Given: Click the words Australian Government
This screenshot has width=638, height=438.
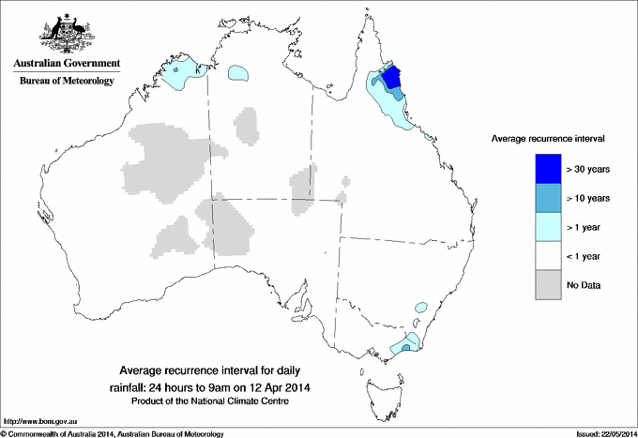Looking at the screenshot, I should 66,64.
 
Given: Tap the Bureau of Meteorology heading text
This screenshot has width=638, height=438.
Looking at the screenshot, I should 66,82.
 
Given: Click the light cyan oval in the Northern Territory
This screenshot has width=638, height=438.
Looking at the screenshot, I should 240,72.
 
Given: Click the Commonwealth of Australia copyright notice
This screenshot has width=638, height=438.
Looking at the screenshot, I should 113,432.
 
